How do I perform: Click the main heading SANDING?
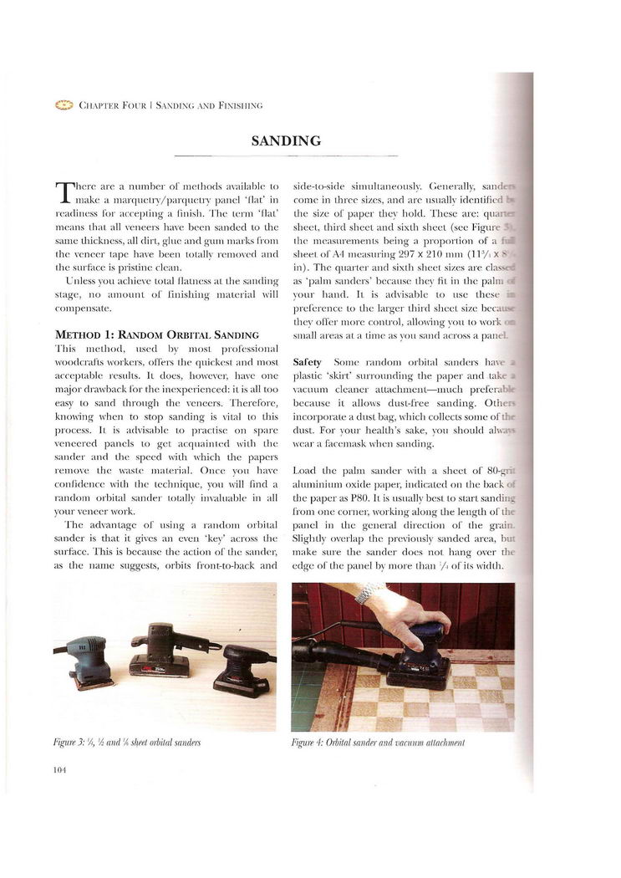coord(286,140)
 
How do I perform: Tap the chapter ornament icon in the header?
coord(64,105)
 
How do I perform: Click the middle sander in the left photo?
coord(161,649)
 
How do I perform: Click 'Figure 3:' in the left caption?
coord(70,742)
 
